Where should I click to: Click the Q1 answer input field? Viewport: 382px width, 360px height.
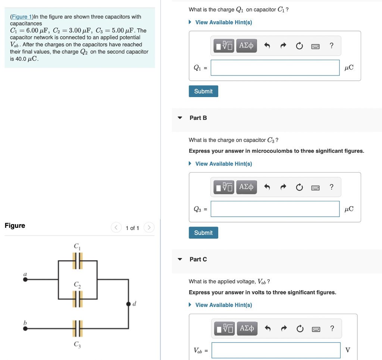point(275,68)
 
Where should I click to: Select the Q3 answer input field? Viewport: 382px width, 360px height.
point(275,209)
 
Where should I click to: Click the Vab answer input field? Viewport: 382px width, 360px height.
point(276,350)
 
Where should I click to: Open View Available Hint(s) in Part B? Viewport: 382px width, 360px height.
point(223,164)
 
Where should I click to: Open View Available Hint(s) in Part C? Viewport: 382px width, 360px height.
point(223,305)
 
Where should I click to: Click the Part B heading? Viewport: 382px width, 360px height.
point(198,118)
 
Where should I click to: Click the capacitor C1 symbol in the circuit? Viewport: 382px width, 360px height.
point(77,261)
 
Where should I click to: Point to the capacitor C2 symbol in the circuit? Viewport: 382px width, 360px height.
point(77,299)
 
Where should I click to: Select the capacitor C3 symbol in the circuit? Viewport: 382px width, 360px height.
point(77,329)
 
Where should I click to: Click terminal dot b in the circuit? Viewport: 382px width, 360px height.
point(25,329)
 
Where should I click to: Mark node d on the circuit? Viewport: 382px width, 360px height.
point(128,304)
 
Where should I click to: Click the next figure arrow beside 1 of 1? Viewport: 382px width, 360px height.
point(149,227)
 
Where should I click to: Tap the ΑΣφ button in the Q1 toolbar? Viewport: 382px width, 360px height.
point(246,46)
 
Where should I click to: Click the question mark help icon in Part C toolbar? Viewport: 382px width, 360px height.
point(332,329)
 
